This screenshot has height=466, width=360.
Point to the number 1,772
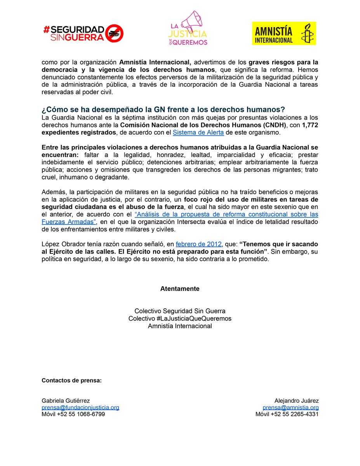310,125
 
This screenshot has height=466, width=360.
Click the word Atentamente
180,289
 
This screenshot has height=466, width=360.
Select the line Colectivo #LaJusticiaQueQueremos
180,318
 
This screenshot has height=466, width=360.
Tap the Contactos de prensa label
71,380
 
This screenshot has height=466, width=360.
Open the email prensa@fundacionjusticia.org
80,407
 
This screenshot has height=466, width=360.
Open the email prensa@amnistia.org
290,407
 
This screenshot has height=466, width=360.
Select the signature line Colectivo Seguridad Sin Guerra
180,311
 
